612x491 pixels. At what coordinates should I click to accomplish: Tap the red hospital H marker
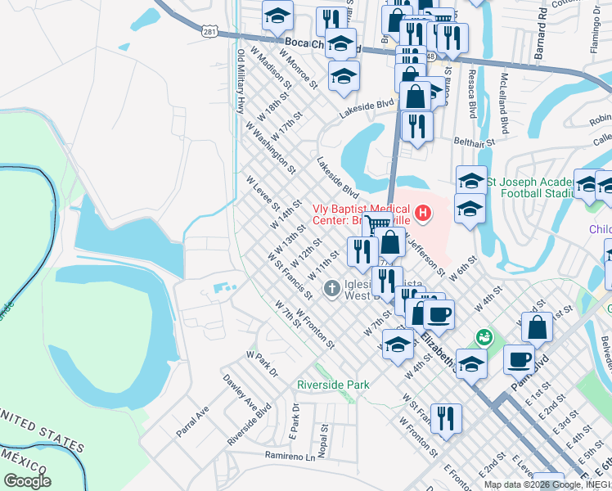[x=423, y=214]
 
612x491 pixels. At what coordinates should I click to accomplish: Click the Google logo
[x=27, y=481]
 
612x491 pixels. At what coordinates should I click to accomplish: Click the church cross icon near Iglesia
[x=332, y=287]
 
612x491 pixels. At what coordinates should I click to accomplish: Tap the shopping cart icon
[x=377, y=227]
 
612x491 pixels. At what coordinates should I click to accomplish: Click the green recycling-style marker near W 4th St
[x=484, y=336]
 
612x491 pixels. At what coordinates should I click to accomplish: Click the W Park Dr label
[x=262, y=364]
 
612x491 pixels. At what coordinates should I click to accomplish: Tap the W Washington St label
[x=270, y=147]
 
